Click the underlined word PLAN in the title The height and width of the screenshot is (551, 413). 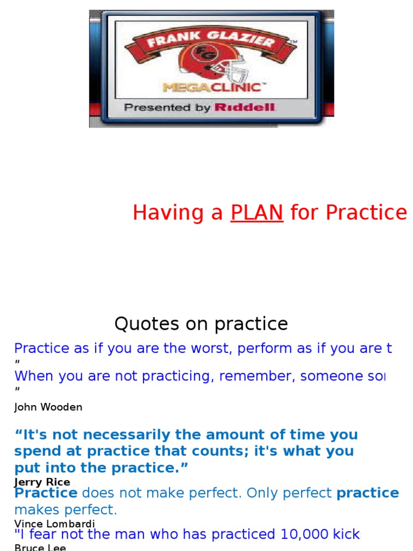257,213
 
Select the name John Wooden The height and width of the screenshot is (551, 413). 48,407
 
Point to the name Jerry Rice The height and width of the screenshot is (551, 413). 42,482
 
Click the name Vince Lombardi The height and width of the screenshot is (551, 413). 54,524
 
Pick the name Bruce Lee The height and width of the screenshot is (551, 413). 40,547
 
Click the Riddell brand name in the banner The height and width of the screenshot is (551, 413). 245,108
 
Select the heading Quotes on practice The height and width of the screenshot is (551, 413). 201,324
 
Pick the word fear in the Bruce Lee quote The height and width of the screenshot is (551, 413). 44,534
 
